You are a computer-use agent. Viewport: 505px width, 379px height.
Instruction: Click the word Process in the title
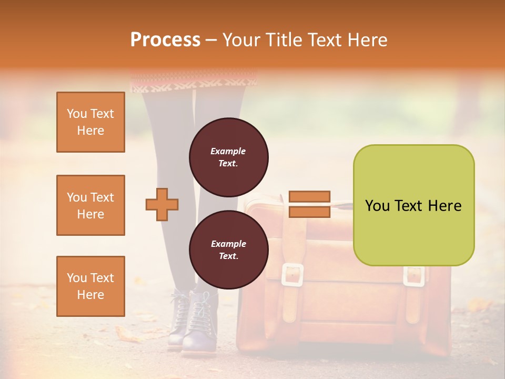click(x=165, y=40)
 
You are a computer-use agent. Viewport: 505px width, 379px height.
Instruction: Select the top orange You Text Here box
click(x=90, y=122)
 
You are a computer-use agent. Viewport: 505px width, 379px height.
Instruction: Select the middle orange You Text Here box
click(x=90, y=205)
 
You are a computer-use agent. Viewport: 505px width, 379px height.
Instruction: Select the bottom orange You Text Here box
click(x=90, y=286)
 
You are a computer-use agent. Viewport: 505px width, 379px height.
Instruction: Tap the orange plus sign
click(x=162, y=204)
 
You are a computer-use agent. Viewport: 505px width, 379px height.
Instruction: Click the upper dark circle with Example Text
click(x=228, y=157)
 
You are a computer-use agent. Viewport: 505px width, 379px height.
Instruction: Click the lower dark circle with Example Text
click(x=228, y=250)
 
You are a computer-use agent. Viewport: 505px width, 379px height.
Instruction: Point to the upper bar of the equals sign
click(x=309, y=197)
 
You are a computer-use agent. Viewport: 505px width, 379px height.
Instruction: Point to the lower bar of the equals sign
click(x=309, y=212)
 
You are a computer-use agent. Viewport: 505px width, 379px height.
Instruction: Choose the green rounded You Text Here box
click(x=413, y=205)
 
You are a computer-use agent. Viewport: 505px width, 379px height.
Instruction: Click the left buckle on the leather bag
click(x=292, y=275)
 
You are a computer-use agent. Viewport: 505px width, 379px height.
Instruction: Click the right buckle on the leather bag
click(x=414, y=276)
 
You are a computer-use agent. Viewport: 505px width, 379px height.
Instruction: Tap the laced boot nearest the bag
click(x=199, y=321)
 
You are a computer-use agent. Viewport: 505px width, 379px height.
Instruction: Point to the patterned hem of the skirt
click(x=194, y=82)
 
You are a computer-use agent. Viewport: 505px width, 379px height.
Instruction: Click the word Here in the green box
click(x=444, y=206)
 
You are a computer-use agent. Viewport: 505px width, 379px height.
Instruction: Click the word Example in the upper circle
click(x=228, y=151)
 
